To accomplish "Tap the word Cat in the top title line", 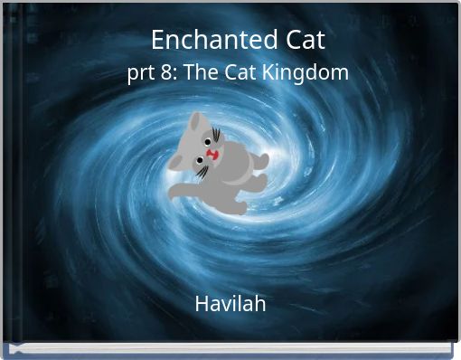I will (302, 41).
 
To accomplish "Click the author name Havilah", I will (230, 304).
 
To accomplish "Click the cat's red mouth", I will (212, 155).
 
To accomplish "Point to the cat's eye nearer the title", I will (207, 142).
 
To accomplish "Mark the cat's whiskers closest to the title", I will (216, 137).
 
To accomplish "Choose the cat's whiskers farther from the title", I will (202, 171).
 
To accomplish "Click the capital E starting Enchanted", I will (157, 41).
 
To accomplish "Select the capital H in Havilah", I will (202, 304).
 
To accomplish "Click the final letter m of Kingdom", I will (341, 74).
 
